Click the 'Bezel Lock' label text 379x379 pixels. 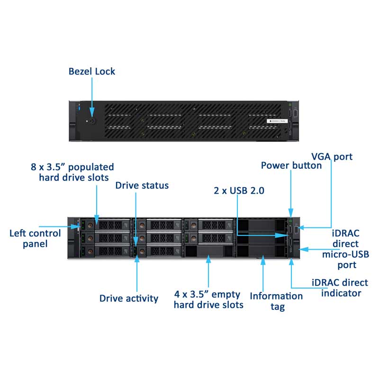92,72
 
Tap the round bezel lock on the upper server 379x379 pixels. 92,121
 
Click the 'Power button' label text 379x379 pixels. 291,165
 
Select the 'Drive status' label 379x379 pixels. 142,185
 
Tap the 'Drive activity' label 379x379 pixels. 128,298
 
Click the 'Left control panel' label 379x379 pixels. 35,238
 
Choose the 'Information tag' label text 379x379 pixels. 276,301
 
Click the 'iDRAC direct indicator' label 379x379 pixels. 340,288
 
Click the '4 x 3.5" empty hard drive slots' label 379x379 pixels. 208,299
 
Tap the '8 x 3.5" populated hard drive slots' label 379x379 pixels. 72,172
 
